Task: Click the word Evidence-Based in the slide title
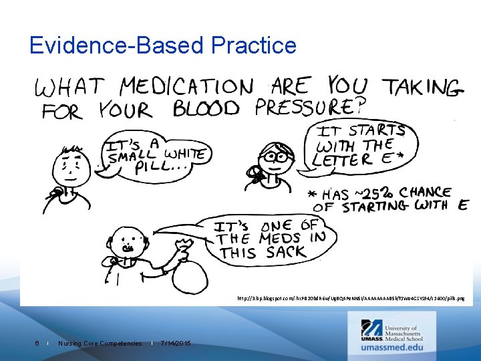116,45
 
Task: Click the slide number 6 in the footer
37,344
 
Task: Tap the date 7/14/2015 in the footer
176,344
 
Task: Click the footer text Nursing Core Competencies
100,344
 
